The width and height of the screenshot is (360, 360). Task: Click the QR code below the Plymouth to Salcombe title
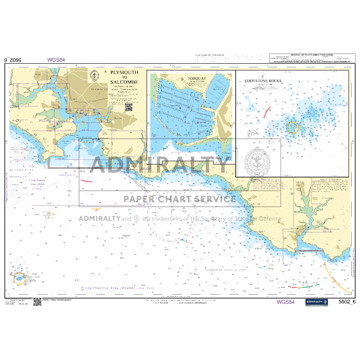click(x=129, y=107)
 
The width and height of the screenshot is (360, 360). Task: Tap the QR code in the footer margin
click(x=37, y=302)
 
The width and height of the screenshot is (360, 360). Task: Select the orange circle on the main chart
click(x=19, y=278)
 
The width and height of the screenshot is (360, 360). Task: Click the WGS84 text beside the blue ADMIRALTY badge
click(x=285, y=302)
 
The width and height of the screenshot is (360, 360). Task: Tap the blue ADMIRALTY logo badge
click(x=316, y=302)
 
